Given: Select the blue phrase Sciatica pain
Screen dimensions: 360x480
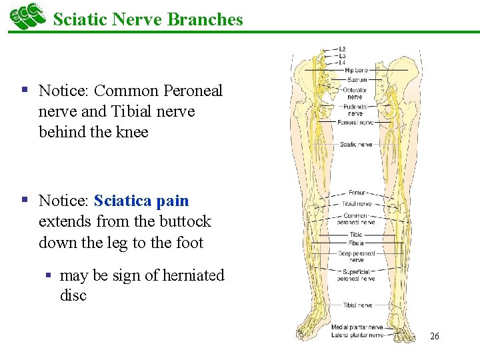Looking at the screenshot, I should tap(141, 201).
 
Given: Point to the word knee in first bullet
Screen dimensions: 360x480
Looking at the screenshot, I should tap(131, 132).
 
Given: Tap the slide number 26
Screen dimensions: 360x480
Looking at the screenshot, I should tap(434, 337).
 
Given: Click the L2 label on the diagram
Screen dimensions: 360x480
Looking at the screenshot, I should tap(341, 49).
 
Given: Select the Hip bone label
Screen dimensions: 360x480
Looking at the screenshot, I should tap(356, 70).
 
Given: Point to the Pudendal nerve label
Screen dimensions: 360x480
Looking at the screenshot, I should tap(355, 110).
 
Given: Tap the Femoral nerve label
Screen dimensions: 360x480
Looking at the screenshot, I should tap(356, 123).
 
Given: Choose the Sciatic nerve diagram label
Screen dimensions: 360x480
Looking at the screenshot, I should tap(356, 144).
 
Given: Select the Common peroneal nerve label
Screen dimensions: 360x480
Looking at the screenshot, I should tap(359, 219).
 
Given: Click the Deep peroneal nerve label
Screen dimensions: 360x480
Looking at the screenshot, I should tap(356, 257).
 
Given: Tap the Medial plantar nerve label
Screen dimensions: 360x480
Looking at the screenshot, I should tap(357, 327).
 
